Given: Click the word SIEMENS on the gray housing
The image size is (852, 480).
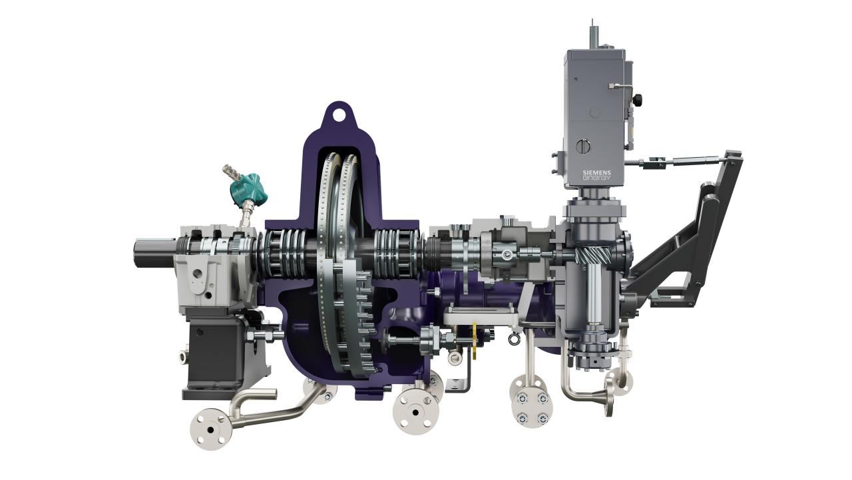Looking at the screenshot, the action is coord(597,172).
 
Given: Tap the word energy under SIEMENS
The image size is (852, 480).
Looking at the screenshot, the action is coord(597,178).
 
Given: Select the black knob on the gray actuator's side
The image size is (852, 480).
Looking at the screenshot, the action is coord(637,100).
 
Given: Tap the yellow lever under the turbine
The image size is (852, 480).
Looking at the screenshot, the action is coord(475,340).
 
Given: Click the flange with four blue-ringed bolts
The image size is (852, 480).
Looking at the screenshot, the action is coord(532,407).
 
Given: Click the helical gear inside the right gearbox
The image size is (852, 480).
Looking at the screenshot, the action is coord(593,255).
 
